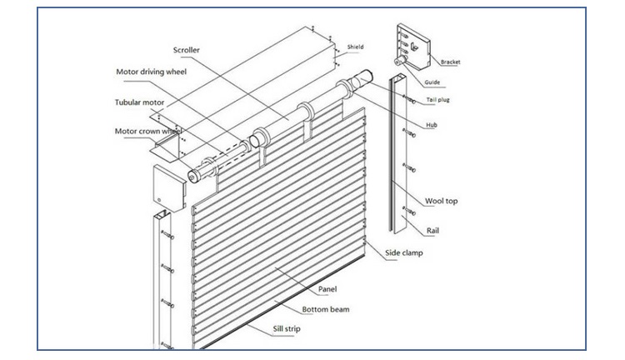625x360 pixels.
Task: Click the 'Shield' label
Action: click(355, 47)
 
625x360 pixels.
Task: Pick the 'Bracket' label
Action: click(451, 62)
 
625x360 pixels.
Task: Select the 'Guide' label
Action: click(432, 82)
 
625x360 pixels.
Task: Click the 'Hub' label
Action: click(432, 125)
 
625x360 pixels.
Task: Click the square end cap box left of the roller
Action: click(168, 187)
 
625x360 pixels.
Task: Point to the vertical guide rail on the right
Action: click(391, 158)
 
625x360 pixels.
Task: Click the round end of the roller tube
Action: click(193, 175)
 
